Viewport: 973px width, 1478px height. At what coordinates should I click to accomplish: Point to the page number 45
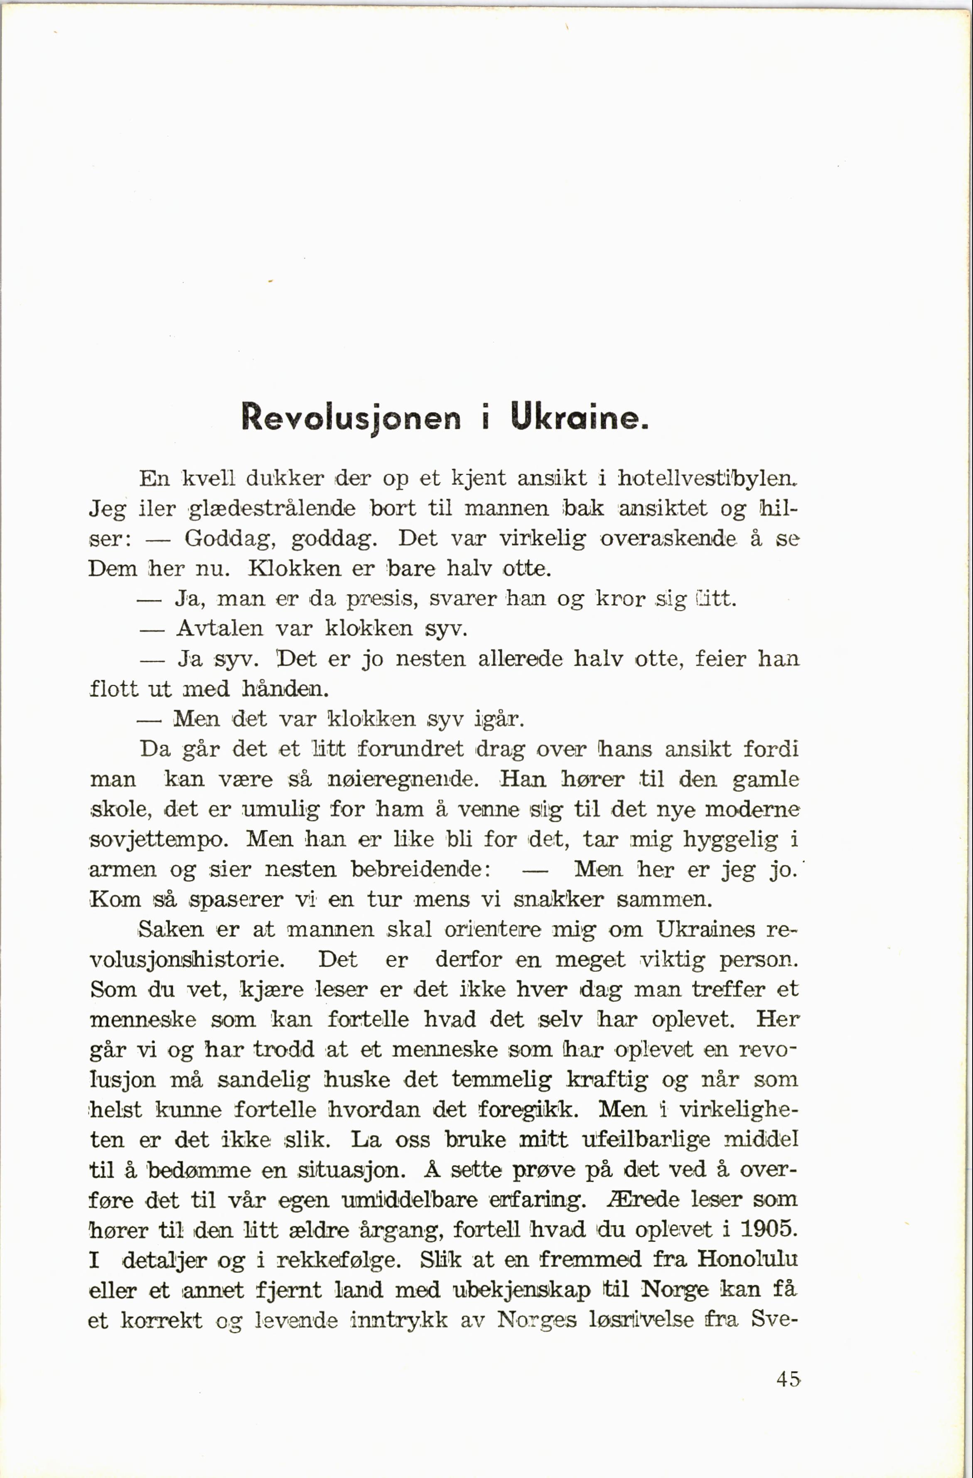tap(788, 1379)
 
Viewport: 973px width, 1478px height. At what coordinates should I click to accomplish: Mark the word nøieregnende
tap(402, 780)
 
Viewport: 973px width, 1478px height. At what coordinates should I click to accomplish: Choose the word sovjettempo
tap(160, 840)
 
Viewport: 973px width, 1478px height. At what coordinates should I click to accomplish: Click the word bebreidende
tap(417, 869)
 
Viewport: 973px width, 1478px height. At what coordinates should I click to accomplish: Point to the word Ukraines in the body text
tap(706, 930)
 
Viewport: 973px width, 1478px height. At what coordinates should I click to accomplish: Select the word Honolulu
tap(747, 1259)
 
